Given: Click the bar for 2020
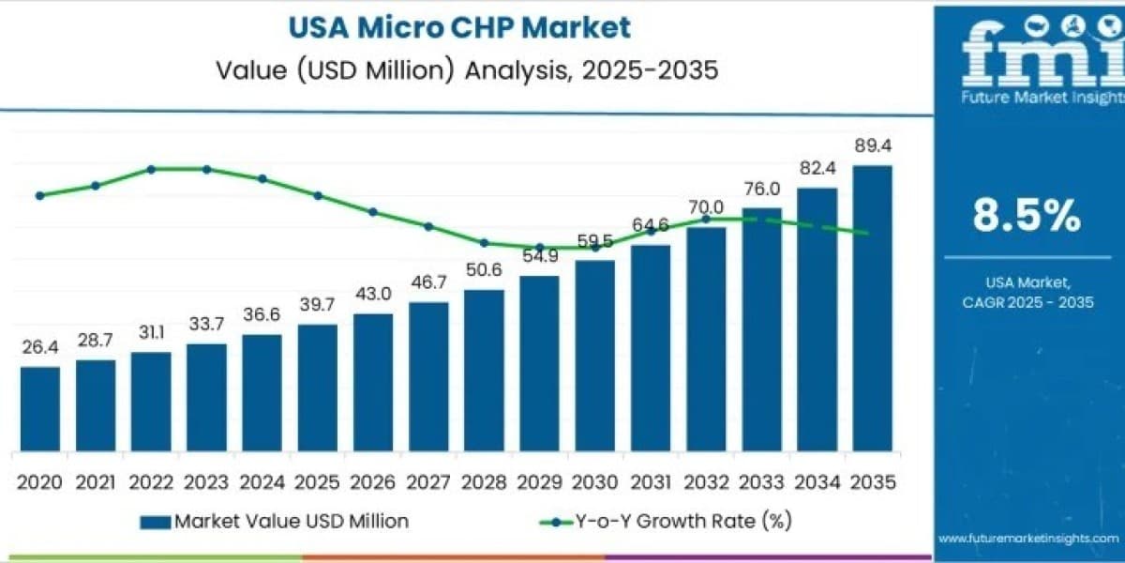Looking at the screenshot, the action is pyautogui.click(x=40, y=409).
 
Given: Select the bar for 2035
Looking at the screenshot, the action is pyautogui.click(x=873, y=308).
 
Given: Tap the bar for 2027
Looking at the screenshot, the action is pyautogui.click(x=428, y=376).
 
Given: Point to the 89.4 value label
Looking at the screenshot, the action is pyautogui.click(x=873, y=145).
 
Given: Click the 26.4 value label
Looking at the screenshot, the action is pyautogui.click(x=40, y=347).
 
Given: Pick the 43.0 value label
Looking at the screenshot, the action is pyautogui.click(x=373, y=294).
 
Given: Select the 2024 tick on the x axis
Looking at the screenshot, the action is pyautogui.click(x=262, y=482).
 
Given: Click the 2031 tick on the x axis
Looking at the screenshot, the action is pyautogui.click(x=651, y=482).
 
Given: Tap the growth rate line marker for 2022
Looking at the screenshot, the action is pyautogui.click(x=151, y=170).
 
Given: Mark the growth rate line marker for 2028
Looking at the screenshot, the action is pyautogui.click(x=484, y=243).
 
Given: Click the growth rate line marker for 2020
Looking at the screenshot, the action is pyautogui.click(x=40, y=195).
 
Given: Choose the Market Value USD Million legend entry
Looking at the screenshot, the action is pyautogui.click(x=274, y=522).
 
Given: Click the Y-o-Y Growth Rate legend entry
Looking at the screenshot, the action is pyautogui.click(x=666, y=522).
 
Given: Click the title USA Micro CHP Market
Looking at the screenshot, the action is pyautogui.click(x=459, y=27).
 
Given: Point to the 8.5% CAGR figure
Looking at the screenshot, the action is pyautogui.click(x=1027, y=216).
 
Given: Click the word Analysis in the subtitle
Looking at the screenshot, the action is pyautogui.click(x=518, y=70).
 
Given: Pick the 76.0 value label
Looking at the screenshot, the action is pyautogui.click(x=762, y=189).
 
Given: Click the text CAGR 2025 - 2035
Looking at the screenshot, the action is pyautogui.click(x=1028, y=302).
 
